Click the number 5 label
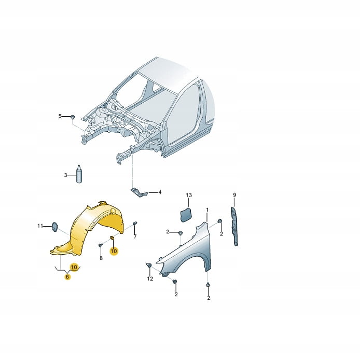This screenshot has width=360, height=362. (60, 116)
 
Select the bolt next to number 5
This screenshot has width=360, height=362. (73, 117)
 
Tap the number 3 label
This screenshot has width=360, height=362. (65, 175)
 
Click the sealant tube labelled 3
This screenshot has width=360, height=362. (79, 174)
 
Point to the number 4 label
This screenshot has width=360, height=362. (160, 192)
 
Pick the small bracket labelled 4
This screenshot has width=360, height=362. (139, 192)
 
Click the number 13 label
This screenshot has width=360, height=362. (189, 196)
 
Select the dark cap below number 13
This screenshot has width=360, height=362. (186, 215)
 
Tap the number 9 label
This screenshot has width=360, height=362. (234, 195)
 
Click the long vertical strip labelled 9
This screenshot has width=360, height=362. (234, 226)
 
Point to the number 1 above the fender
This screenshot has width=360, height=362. (207, 210)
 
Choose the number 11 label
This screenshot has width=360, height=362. (40, 226)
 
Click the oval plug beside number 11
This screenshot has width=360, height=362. (54, 227)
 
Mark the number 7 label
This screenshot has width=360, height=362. (135, 236)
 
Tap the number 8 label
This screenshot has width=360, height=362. (101, 258)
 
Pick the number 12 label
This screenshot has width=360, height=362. (150, 279)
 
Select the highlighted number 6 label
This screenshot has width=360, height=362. (67, 276)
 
